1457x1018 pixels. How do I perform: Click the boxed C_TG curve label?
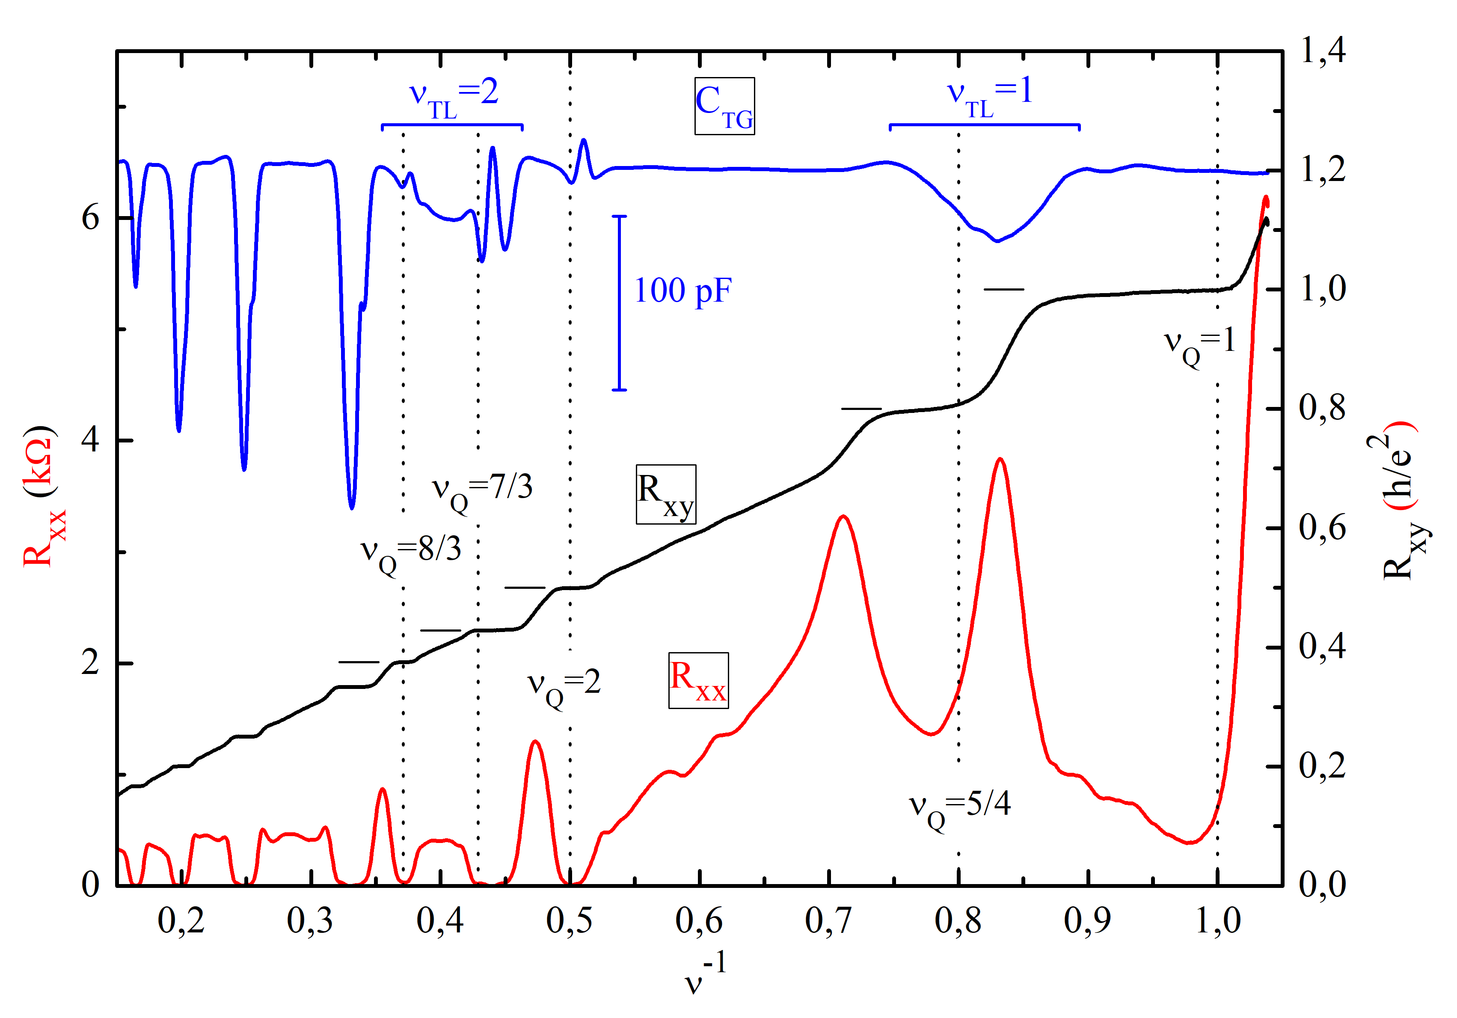(x=724, y=106)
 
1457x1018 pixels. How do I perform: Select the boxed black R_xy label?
(x=666, y=494)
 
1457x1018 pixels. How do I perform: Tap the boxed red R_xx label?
(x=698, y=680)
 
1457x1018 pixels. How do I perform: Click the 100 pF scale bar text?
(x=683, y=291)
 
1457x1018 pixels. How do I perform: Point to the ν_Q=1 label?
(x=1199, y=344)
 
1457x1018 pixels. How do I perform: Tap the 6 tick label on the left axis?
(x=91, y=218)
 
